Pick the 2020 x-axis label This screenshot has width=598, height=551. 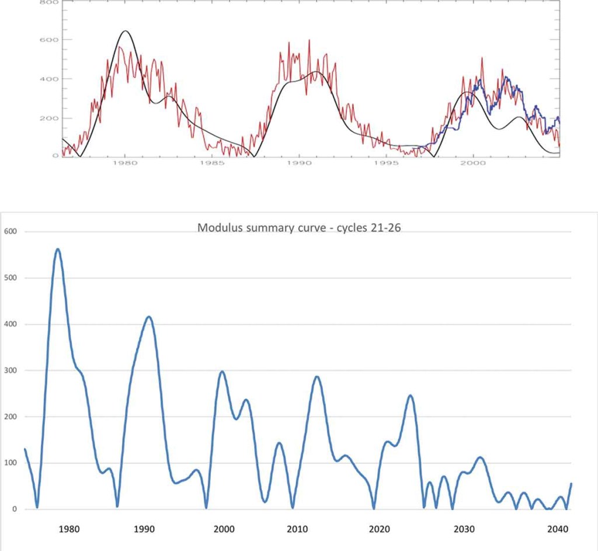[x=380, y=529]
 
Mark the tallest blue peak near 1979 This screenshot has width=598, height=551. [x=58, y=249]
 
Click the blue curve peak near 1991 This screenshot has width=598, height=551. [x=149, y=317]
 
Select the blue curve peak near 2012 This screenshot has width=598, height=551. [x=317, y=377]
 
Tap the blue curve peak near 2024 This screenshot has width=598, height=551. [x=411, y=396]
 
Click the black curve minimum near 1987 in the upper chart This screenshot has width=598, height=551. [x=254, y=156]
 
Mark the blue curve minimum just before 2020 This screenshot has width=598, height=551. [x=374, y=508]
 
